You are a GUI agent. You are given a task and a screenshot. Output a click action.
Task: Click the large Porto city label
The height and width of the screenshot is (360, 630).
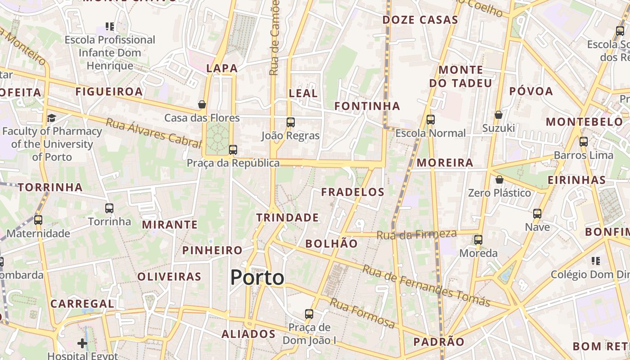point(257,278)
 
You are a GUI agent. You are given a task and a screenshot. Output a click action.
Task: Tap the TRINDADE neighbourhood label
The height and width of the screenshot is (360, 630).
point(288,218)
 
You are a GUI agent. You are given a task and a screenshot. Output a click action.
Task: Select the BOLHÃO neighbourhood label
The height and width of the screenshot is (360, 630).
point(332,244)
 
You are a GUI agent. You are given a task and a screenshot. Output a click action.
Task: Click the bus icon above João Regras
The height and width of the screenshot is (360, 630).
point(291,122)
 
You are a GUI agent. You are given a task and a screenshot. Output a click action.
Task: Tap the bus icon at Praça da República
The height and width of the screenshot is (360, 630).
point(233,150)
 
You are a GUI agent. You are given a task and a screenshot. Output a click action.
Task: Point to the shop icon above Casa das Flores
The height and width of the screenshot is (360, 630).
point(202,104)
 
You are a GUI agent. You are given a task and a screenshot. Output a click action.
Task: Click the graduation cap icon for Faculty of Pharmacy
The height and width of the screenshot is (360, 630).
point(51,118)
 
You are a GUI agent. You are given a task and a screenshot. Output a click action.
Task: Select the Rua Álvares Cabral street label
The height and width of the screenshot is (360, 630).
point(153,133)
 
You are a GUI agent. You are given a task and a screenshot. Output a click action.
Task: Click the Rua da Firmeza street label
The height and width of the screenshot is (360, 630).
point(416,234)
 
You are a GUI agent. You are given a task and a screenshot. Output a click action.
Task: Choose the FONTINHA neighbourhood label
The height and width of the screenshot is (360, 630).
point(367,106)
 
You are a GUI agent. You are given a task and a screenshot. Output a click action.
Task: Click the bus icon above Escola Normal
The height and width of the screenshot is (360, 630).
point(431,120)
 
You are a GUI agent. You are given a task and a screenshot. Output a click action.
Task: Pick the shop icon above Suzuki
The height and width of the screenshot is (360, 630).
point(498,115)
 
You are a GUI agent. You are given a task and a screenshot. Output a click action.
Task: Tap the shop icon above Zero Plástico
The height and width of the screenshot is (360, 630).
point(499,180)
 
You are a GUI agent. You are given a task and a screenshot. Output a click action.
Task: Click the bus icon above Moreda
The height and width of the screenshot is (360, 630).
point(478,240)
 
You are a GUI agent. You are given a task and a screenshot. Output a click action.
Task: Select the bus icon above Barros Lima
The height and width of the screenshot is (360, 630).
point(584,142)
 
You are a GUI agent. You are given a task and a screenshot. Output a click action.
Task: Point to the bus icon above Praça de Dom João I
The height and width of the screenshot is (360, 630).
point(309,314)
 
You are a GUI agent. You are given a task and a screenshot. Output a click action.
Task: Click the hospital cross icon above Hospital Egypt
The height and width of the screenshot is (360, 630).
point(82,343)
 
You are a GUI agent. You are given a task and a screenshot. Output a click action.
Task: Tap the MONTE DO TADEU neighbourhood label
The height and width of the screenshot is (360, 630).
point(460,76)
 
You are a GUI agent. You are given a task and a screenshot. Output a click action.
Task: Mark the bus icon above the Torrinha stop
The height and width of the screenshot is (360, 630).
point(109,208)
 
